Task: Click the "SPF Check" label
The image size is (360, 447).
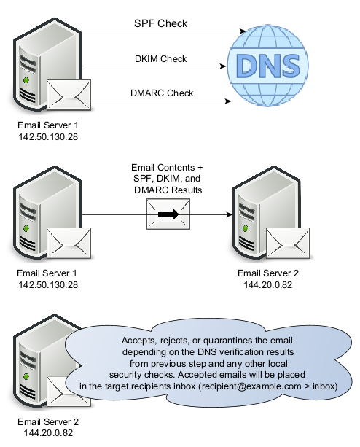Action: tap(160, 23)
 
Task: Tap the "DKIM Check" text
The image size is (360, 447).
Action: tap(160, 59)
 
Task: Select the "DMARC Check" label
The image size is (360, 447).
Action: tap(162, 93)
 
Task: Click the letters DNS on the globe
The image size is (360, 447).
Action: tap(268, 66)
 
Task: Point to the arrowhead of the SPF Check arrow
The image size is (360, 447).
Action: tap(243, 31)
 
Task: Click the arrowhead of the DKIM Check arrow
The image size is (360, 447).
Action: tap(223, 66)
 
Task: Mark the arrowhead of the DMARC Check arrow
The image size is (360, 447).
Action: tap(228, 101)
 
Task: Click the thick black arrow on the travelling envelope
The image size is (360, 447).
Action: tap(168, 214)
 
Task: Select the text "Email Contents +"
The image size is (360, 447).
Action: tap(167, 167)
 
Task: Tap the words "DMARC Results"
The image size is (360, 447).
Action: tap(168, 190)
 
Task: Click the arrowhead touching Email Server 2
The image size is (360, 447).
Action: tap(230, 214)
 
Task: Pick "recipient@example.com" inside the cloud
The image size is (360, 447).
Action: tap(251, 386)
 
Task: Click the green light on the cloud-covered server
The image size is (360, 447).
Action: tap(26, 377)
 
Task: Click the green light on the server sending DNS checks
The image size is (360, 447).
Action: tap(26, 80)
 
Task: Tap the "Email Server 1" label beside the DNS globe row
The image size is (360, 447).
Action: tap(48, 125)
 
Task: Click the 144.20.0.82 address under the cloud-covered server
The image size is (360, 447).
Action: tap(48, 432)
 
